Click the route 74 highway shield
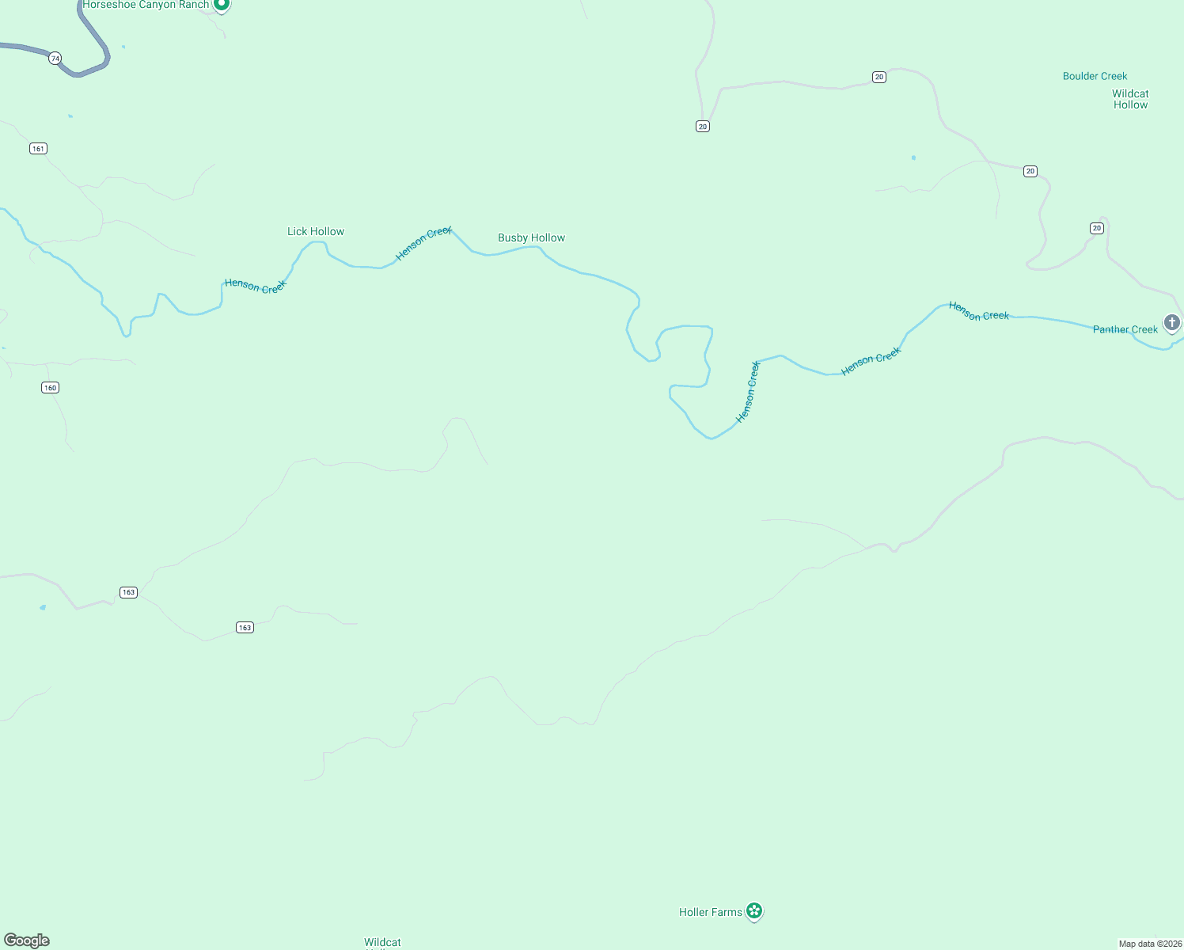(x=55, y=59)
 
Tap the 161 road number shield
(x=38, y=149)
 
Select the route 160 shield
(x=51, y=388)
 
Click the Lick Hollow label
(x=316, y=232)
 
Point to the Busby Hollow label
(x=531, y=238)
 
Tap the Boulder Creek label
(x=1095, y=77)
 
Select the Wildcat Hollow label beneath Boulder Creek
(x=1130, y=100)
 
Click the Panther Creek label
(x=1125, y=330)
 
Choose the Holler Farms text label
(x=710, y=913)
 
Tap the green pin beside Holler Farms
(x=755, y=912)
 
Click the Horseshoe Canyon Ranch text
(x=146, y=5)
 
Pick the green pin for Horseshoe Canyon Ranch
(x=222, y=5)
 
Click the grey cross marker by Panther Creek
(x=1172, y=323)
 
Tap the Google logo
(x=27, y=940)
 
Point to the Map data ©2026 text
(x=1150, y=944)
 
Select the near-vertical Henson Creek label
(x=748, y=392)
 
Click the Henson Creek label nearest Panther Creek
(x=979, y=312)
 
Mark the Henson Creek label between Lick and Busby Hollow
(x=423, y=243)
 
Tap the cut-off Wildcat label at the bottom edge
(x=382, y=943)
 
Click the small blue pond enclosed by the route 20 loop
(x=913, y=158)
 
